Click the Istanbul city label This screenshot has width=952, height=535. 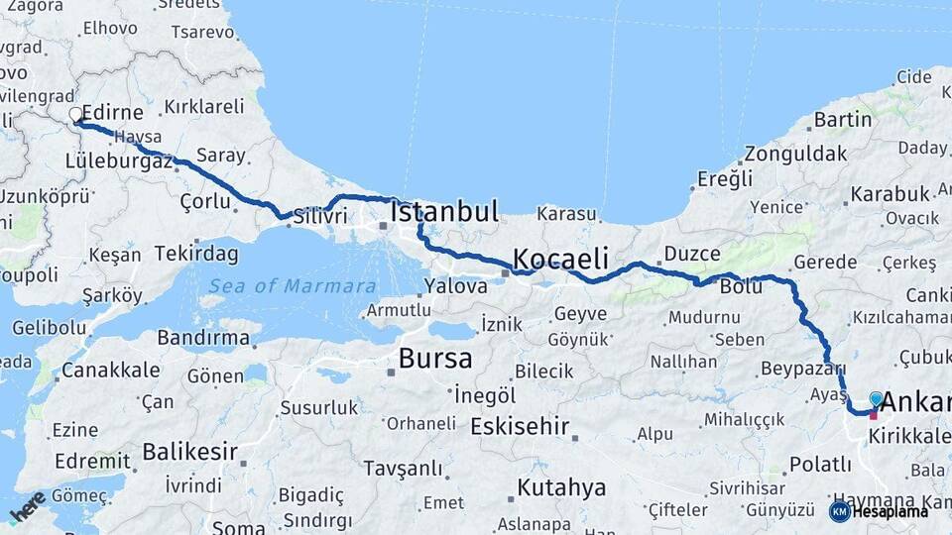[443, 212]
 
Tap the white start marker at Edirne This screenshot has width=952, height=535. [75, 115]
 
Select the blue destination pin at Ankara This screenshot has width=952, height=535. [876, 398]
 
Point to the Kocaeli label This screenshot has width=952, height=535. [560, 260]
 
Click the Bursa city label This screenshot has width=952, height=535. [435, 358]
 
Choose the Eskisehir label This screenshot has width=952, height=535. [520, 427]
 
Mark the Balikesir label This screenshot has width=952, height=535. [189, 453]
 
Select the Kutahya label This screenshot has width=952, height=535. [561, 487]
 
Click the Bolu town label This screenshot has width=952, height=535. [741, 286]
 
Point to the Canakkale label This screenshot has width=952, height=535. [110, 371]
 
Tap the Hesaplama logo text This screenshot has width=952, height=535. [886, 511]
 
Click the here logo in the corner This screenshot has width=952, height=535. [27, 507]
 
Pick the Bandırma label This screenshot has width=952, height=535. [203, 338]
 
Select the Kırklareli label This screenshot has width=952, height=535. [203, 106]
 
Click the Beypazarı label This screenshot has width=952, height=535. [801, 369]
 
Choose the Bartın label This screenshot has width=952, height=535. [842, 120]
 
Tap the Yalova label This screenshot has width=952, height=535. [455, 286]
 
